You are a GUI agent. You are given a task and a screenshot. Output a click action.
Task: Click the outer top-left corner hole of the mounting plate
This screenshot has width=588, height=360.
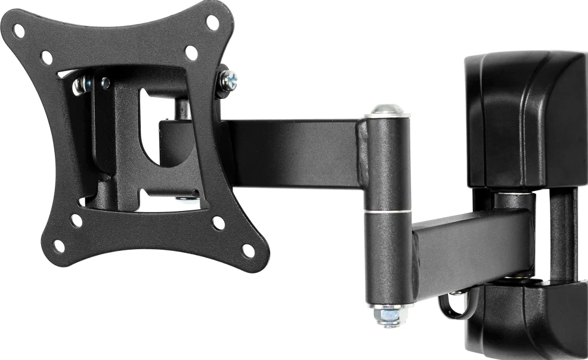(19, 30)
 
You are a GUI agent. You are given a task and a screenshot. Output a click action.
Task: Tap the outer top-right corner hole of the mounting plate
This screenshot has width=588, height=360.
(212, 23)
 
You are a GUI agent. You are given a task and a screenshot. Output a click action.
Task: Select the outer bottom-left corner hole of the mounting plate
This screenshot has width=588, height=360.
(58, 246)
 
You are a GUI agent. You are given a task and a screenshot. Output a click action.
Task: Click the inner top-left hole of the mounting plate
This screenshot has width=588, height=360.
(47, 58)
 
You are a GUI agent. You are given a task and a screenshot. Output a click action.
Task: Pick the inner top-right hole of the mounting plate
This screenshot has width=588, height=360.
(191, 53)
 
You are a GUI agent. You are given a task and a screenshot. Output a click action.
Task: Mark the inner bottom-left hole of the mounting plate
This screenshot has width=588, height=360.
(76, 220)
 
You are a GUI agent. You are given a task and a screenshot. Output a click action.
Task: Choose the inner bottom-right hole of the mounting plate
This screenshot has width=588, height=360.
(219, 223)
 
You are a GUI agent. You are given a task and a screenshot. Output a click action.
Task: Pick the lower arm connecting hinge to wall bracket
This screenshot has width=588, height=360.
(471, 247)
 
